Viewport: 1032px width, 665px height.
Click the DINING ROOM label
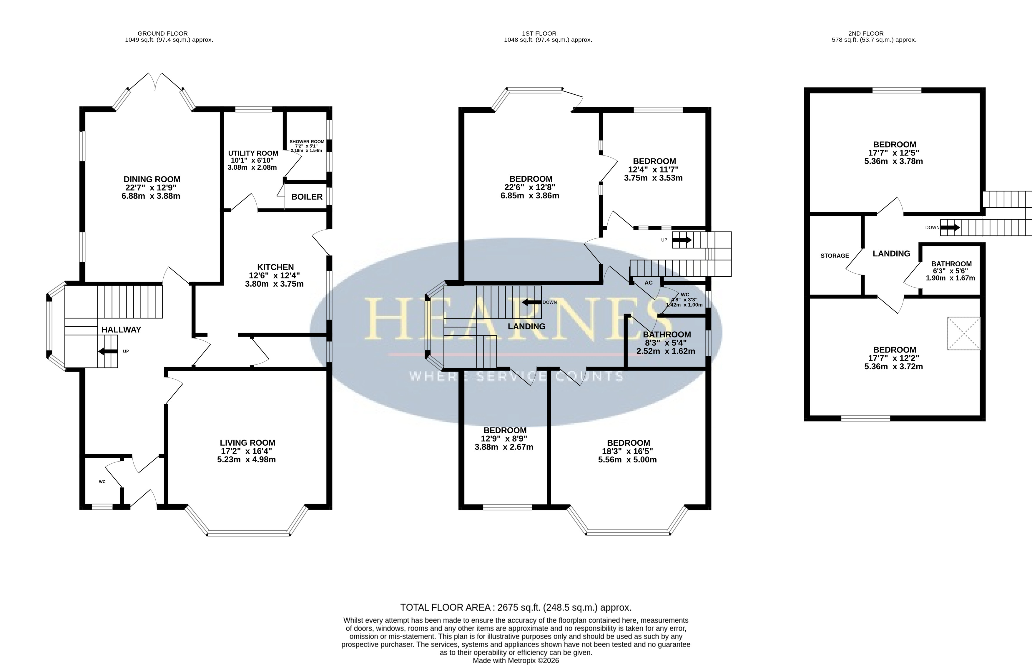tap(152, 179)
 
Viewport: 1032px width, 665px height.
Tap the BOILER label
tap(307, 197)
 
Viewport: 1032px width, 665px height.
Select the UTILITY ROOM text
tap(253, 153)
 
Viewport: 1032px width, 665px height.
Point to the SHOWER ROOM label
tap(307, 142)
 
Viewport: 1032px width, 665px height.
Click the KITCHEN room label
tap(275, 267)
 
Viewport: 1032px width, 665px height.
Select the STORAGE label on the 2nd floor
tap(835, 256)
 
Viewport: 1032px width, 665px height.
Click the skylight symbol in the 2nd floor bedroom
tap(964, 333)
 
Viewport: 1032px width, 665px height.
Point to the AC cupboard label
tap(648, 283)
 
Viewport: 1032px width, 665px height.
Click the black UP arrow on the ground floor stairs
tap(108, 351)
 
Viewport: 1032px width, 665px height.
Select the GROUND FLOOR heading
tap(162, 33)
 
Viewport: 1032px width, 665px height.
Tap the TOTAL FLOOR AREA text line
tap(516, 608)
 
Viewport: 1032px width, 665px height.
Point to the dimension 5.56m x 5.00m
tap(627, 460)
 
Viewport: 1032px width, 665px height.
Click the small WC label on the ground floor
tap(102, 482)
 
